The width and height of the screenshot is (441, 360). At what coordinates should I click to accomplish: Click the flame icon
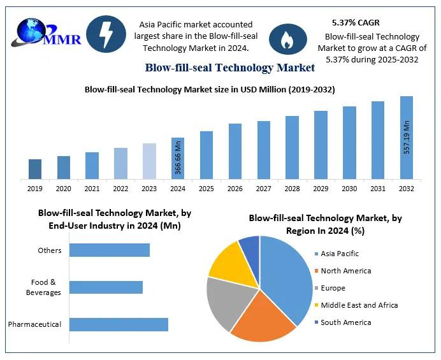point(284,40)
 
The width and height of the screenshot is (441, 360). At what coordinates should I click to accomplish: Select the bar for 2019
point(35,169)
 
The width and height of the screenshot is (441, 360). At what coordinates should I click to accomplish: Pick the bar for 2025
point(206,155)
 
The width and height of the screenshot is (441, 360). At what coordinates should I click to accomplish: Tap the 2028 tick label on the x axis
point(292,189)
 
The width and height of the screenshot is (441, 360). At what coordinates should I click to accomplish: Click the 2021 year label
point(92,189)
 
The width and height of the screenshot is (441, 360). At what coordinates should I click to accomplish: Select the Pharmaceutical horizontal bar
point(119,324)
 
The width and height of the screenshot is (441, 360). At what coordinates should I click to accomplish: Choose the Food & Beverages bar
point(106,287)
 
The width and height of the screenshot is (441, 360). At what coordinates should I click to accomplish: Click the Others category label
point(50,250)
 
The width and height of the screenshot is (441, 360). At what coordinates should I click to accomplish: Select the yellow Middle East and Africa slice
point(228,261)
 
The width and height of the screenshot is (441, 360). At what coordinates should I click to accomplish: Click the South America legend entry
point(345,322)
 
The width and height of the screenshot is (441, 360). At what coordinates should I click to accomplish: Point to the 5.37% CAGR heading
point(356,22)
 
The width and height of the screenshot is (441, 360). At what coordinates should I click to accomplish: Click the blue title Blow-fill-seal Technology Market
point(229,68)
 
